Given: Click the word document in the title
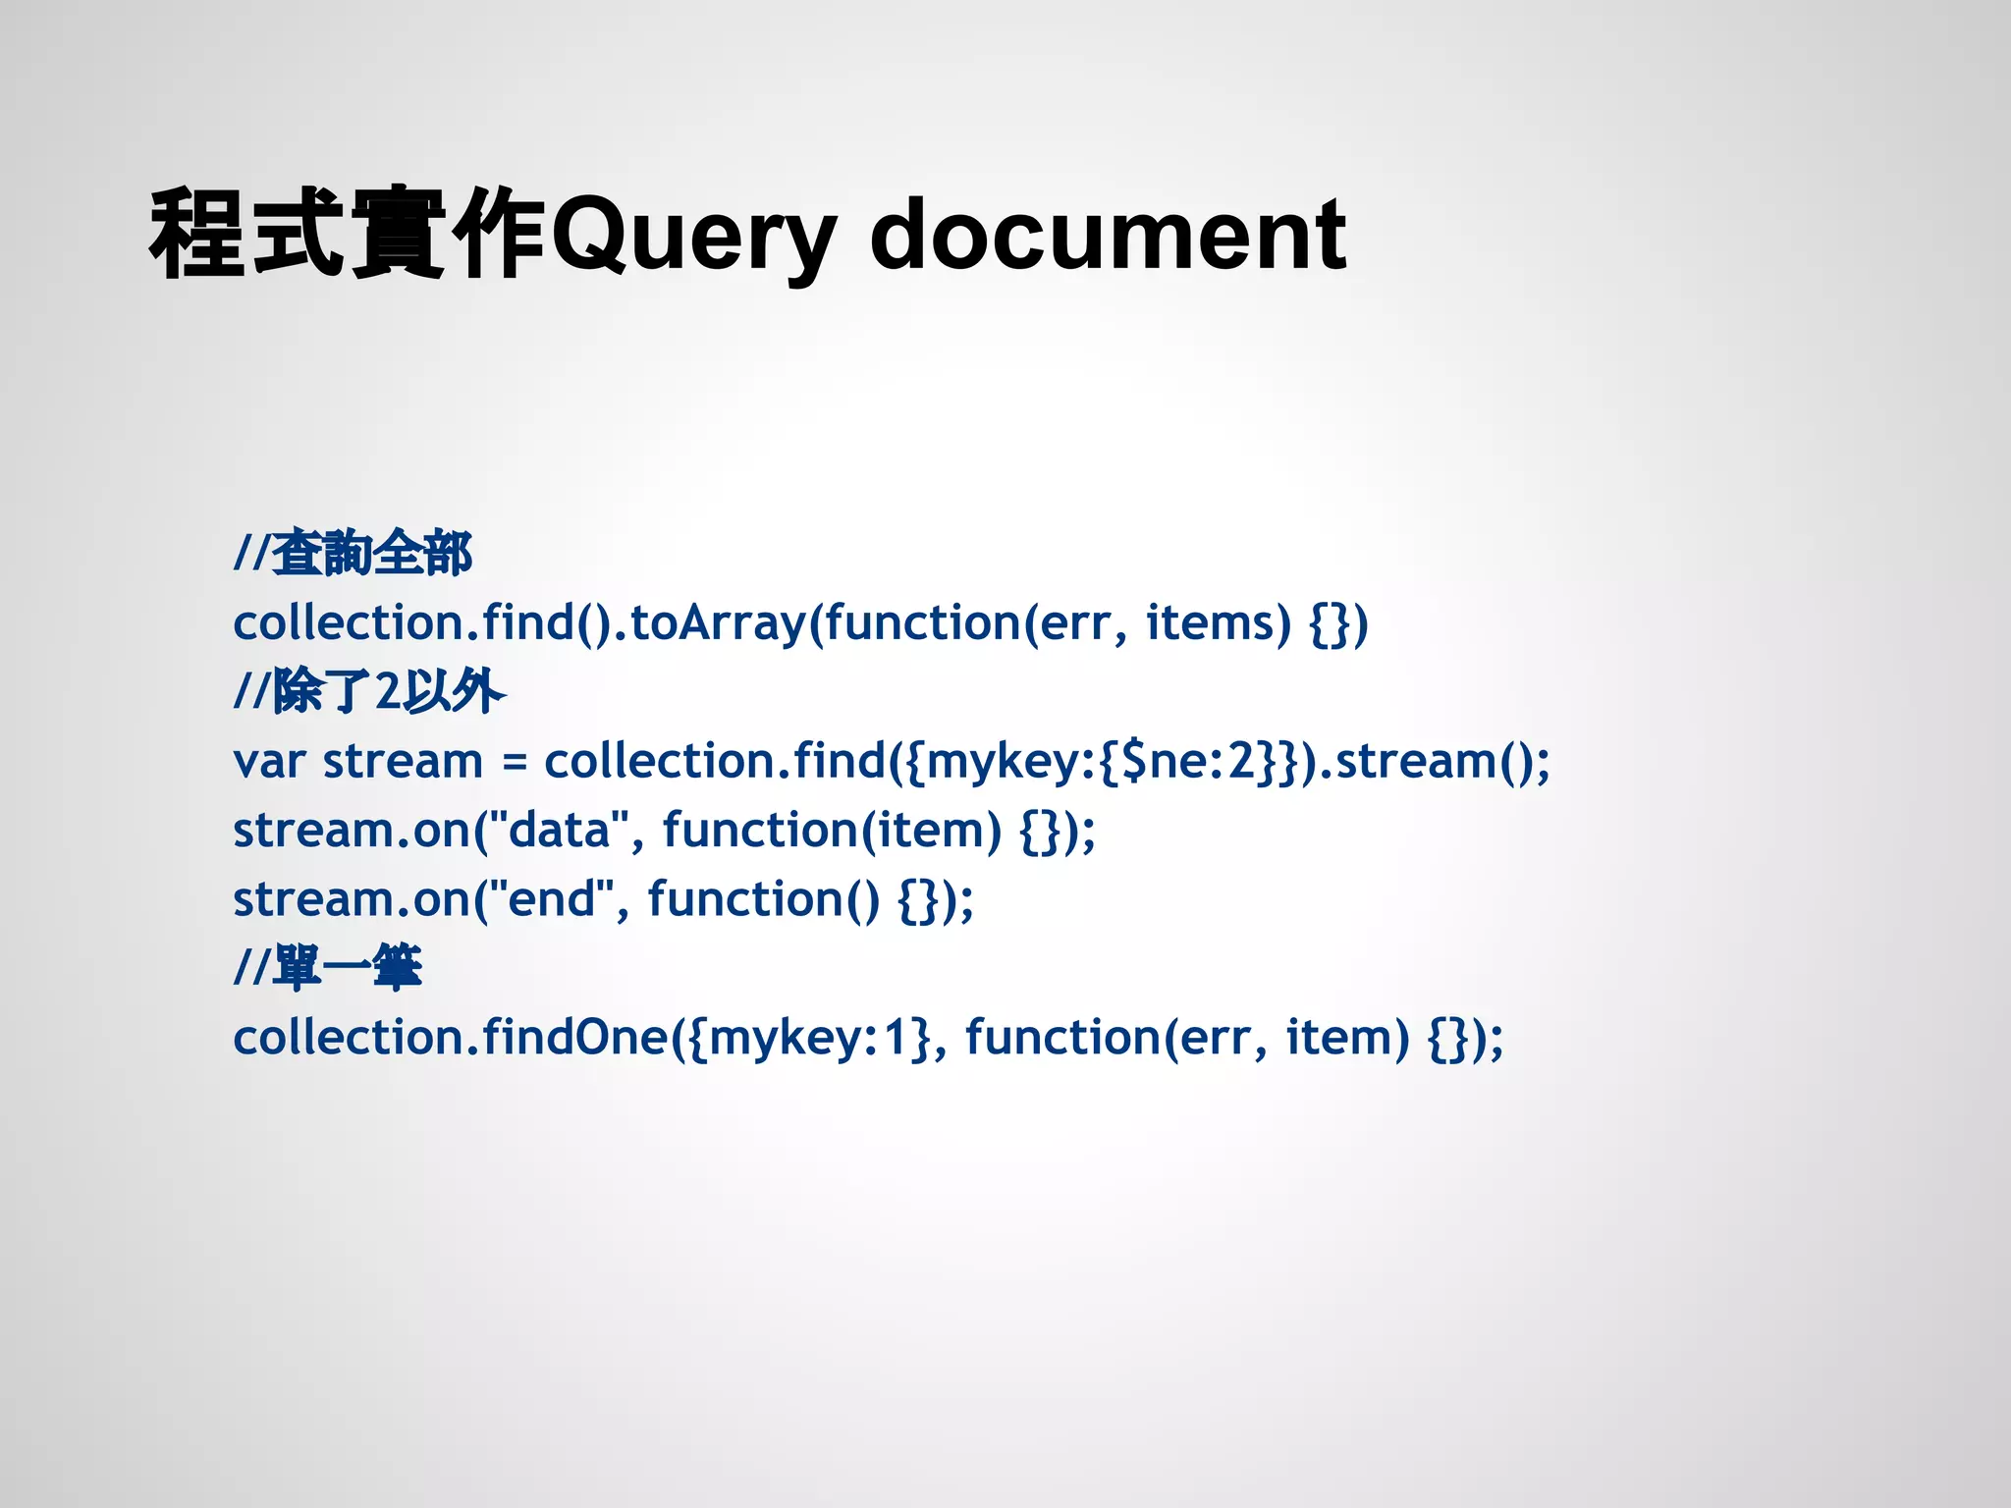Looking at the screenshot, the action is click(1108, 236).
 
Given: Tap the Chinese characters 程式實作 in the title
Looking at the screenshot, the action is click(347, 236).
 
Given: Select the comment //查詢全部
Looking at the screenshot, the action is click(353, 553).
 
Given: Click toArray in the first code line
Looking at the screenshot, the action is click(717, 622).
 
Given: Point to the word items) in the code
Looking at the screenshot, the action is click(1218, 622).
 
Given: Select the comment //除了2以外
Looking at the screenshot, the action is click(369, 691).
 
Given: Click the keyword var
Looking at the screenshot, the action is click(269, 762).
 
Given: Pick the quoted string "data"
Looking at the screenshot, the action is click(559, 830).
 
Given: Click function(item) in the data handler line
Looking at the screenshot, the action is click(832, 831).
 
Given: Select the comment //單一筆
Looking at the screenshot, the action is click(328, 968).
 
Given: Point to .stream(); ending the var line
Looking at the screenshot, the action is click(1435, 762).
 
